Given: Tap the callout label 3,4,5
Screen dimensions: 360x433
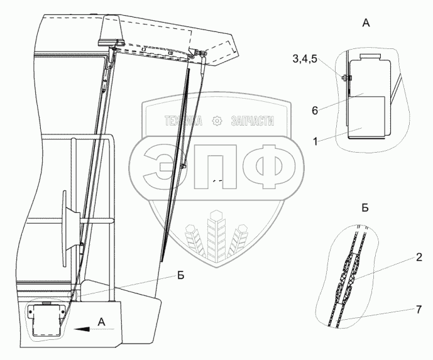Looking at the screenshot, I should [x=304, y=60].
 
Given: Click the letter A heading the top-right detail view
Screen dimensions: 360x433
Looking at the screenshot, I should [x=367, y=23].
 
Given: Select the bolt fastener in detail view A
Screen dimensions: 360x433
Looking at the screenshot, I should [x=345, y=79].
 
